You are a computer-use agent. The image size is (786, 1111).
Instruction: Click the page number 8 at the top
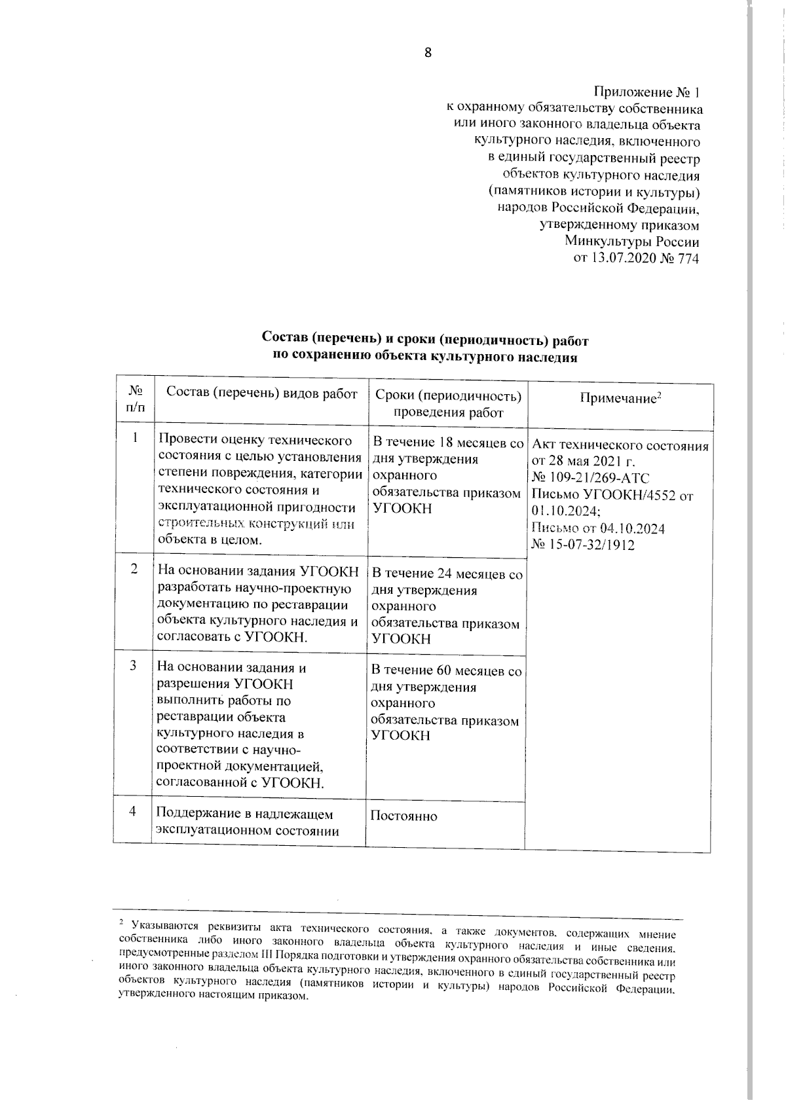click(428, 53)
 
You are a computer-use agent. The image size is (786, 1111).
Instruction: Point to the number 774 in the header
click(686, 259)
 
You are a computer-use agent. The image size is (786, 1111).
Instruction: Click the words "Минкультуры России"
click(632, 242)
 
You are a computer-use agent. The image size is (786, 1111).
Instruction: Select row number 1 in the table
click(135, 438)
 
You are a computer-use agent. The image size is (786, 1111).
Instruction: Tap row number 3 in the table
click(133, 665)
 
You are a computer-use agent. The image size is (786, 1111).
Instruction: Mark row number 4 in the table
click(133, 812)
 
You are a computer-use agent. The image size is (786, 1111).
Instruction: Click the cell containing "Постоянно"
click(403, 816)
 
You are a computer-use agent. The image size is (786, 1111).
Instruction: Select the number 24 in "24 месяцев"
click(445, 574)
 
